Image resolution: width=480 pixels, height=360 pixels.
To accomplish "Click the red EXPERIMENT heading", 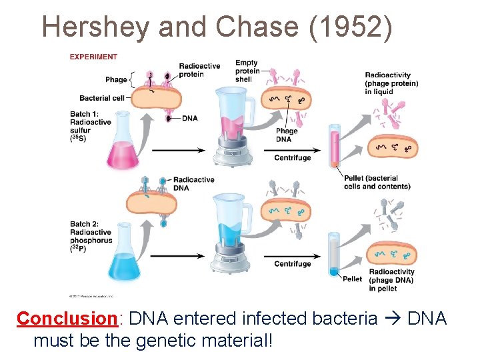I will click(93, 57).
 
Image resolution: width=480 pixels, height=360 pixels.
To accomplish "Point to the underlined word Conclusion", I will click(67, 319).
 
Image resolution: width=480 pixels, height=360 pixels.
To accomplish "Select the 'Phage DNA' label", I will click(287, 135).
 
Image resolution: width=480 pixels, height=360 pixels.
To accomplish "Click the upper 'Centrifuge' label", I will click(293, 158).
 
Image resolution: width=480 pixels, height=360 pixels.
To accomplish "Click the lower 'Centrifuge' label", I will click(293, 264).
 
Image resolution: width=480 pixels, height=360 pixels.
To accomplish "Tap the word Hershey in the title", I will click(94, 27).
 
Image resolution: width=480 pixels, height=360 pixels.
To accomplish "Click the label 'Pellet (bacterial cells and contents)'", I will click(377, 182).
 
